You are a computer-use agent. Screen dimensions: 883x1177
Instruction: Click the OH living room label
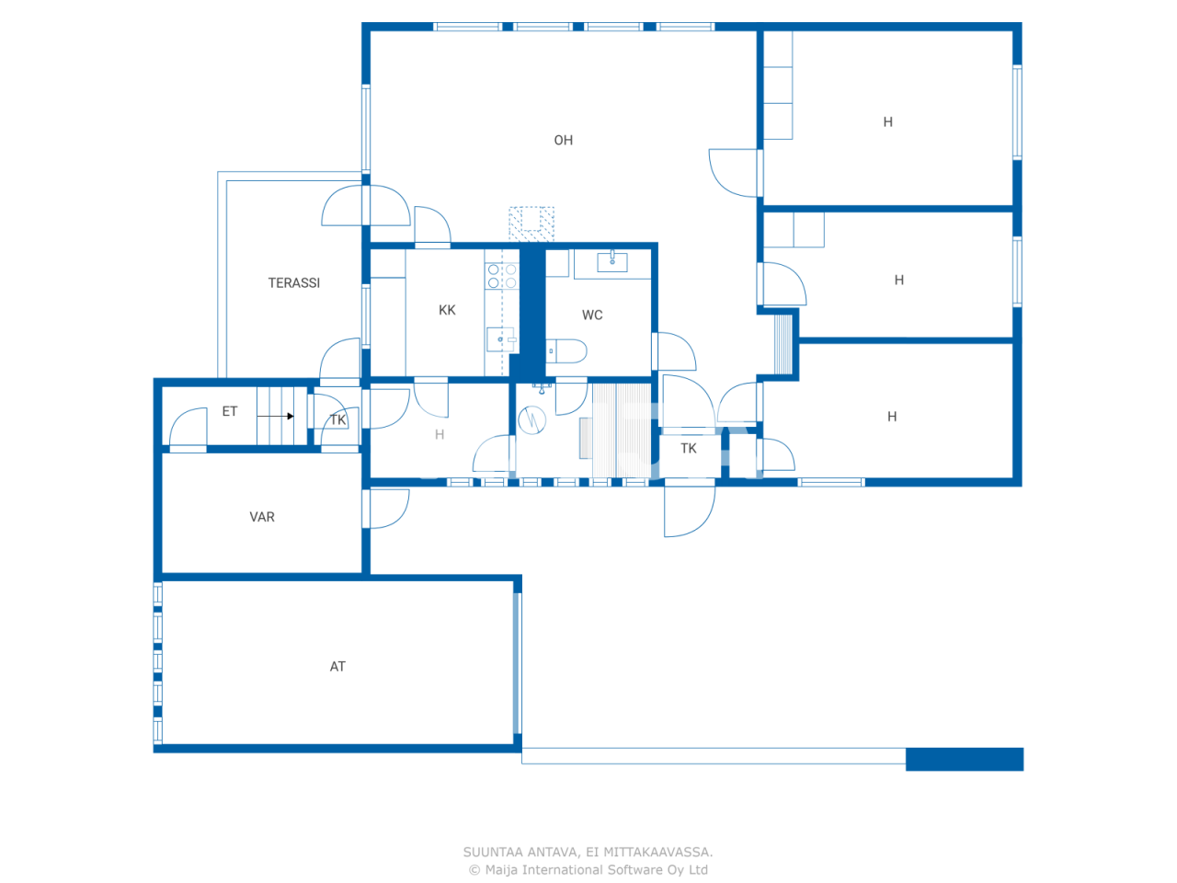click(x=563, y=141)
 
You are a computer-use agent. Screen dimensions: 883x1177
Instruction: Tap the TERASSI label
click(x=294, y=283)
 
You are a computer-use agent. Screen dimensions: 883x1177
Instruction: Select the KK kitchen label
click(x=447, y=311)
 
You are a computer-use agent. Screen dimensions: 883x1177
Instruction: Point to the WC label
click(x=592, y=315)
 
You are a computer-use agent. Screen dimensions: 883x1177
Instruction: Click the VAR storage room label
click(x=262, y=517)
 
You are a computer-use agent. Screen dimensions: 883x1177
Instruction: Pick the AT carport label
click(x=337, y=667)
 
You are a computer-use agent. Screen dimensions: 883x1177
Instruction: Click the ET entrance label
click(x=230, y=411)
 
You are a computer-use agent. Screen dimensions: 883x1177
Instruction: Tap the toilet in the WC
click(x=566, y=350)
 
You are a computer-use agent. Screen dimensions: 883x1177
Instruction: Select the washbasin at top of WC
click(x=612, y=261)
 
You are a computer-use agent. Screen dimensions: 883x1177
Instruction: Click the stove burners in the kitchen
click(x=502, y=276)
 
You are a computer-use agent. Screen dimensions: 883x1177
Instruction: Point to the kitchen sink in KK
click(x=501, y=339)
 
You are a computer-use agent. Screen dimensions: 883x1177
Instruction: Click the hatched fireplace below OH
click(x=531, y=224)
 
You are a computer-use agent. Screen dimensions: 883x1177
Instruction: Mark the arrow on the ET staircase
click(x=276, y=417)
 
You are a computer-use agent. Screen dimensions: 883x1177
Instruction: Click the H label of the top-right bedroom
click(x=887, y=122)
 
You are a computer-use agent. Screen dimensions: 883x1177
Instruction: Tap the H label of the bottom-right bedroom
click(x=891, y=417)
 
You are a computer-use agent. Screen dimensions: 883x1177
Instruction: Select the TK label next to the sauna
click(x=689, y=449)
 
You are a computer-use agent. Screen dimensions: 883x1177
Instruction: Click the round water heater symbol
click(x=532, y=420)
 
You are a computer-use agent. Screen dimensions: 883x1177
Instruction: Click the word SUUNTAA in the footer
click(x=494, y=852)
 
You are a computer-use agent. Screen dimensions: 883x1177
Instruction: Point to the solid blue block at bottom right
click(x=964, y=759)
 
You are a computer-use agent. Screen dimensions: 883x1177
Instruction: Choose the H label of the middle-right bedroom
click(x=898, y=281)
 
